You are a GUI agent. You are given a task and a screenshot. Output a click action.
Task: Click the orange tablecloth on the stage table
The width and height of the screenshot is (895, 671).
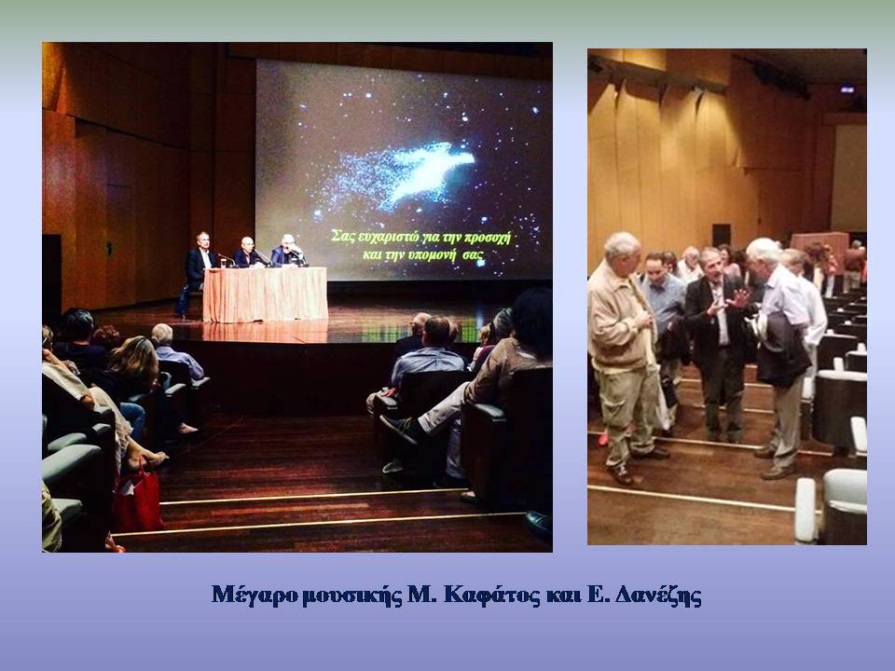[x=265, y=294]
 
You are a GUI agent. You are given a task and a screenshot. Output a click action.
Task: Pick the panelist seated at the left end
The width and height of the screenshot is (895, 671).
[x=195, y=270]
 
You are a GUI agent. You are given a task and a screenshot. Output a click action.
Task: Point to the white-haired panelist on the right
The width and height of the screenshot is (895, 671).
[x=288, y=251]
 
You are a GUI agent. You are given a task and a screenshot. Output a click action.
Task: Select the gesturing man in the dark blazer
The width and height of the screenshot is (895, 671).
[x=716, y=342]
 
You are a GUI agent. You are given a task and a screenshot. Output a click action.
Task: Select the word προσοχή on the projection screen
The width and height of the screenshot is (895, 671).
[x=487, y=237]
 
